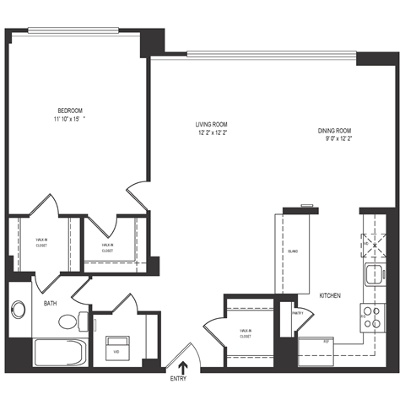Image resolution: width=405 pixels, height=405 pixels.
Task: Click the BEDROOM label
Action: (x=70, y=111)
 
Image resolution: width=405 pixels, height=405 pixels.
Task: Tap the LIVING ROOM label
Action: (x=213, y=125)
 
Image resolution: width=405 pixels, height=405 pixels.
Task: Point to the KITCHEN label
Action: (x=330, y=295)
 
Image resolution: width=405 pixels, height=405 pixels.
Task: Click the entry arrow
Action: (x=181, y=365)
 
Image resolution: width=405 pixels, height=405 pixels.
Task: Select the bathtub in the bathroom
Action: (x=58, y=352)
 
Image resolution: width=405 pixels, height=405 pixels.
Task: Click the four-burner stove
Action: (x=373, y=317)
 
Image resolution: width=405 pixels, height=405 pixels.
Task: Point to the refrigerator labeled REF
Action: (x=327, y=342)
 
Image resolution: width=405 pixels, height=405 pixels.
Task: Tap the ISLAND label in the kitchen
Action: (x=292, y=252)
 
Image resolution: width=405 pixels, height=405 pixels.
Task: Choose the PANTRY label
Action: (x=296, y=312)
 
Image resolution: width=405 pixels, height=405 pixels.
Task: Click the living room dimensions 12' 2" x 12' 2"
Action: (x=213, y=133)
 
